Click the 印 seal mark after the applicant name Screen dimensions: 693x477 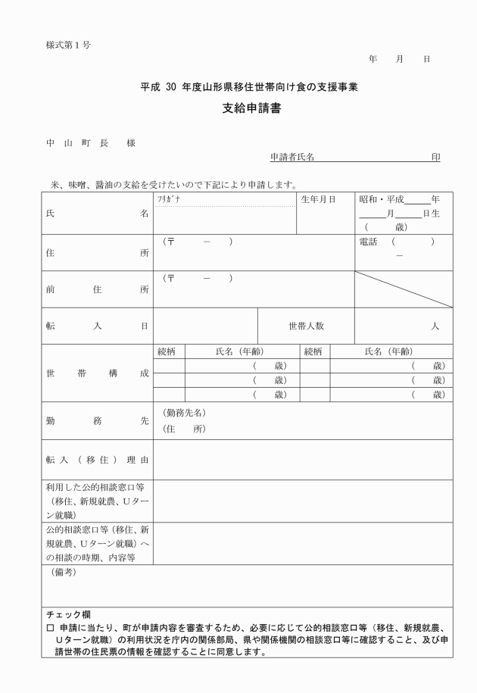435,158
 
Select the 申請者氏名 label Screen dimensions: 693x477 292,158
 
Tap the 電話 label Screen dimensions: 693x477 371,242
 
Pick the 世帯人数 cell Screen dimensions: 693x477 306,326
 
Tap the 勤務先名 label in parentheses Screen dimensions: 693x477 184,413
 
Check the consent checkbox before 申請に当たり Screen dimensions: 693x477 50,628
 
